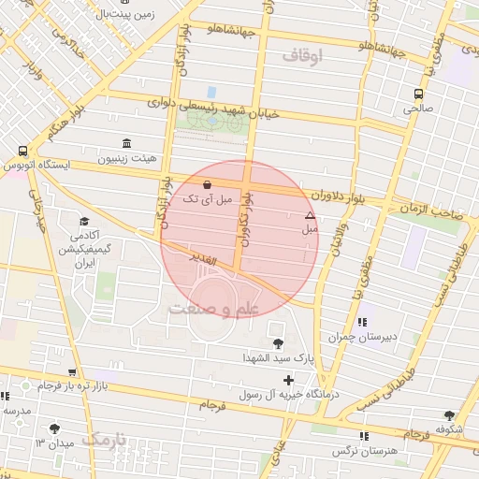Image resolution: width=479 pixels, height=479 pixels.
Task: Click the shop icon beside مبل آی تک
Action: [206, 184]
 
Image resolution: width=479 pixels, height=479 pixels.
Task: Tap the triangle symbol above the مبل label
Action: [310, 215]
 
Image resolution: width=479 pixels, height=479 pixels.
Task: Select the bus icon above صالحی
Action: [417, 94]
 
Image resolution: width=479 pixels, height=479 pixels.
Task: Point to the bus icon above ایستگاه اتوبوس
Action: [22, 150]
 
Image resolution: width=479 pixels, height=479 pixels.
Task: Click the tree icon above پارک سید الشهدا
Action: [277, 342]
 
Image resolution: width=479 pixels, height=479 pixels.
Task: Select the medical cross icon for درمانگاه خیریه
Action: [288, 380]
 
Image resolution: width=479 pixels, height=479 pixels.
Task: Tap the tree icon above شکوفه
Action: [450, 414]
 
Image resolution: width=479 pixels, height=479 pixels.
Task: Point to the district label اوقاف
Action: [301, 57]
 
